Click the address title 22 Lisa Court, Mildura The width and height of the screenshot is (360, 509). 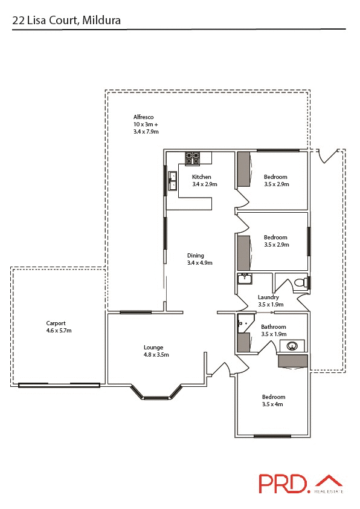(x=66, y=21)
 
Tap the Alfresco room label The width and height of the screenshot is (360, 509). (x=143, y=117)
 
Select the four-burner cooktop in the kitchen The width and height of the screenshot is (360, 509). (x=193, y=158)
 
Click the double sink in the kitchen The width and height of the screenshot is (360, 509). (x=172, y=180)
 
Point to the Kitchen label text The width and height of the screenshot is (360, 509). (x=202, y=177)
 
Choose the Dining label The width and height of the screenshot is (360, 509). (x=196, y=255)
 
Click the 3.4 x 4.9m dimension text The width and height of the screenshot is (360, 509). (x=200, y=263)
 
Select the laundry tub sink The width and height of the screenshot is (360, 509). (x=245, y=279)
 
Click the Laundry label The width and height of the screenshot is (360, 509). (x=268, y=297)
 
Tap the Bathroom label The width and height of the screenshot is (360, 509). (x=274, y=327)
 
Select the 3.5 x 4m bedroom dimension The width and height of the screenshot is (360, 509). (x=273, y=404)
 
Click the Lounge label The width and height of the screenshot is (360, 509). (x=153, y=347)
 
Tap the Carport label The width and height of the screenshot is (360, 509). (x=56, y=323)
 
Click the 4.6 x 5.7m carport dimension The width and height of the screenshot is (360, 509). (x=59, y=331)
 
